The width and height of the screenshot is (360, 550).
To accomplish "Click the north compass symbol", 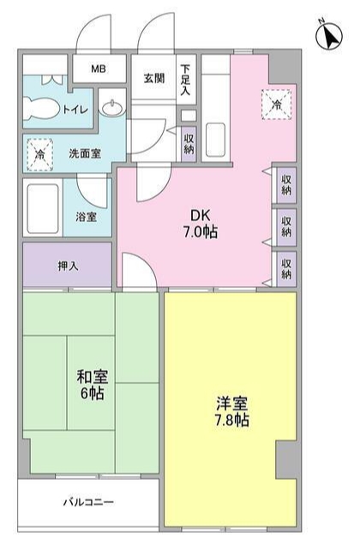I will pyautogui.click(x=329, y=37).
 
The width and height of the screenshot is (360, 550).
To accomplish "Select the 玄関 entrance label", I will pyautogui.click(x=154, y=79).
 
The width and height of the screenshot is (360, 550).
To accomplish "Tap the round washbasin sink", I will pyautogui.click(x=111, y=107).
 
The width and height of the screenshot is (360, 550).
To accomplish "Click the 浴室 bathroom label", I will pyautogui.click(x=87, y=217).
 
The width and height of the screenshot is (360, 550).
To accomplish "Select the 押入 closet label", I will pyautogui.click(x=68, y=266).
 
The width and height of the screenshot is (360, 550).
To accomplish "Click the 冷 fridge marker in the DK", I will pyautogui.click(x=276, y=105).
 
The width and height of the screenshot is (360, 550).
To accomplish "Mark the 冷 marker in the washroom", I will pyautogui.click(x=39, y=155).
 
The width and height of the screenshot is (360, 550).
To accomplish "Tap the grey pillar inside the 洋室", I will pyautogui.click(x=286, y=463).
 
